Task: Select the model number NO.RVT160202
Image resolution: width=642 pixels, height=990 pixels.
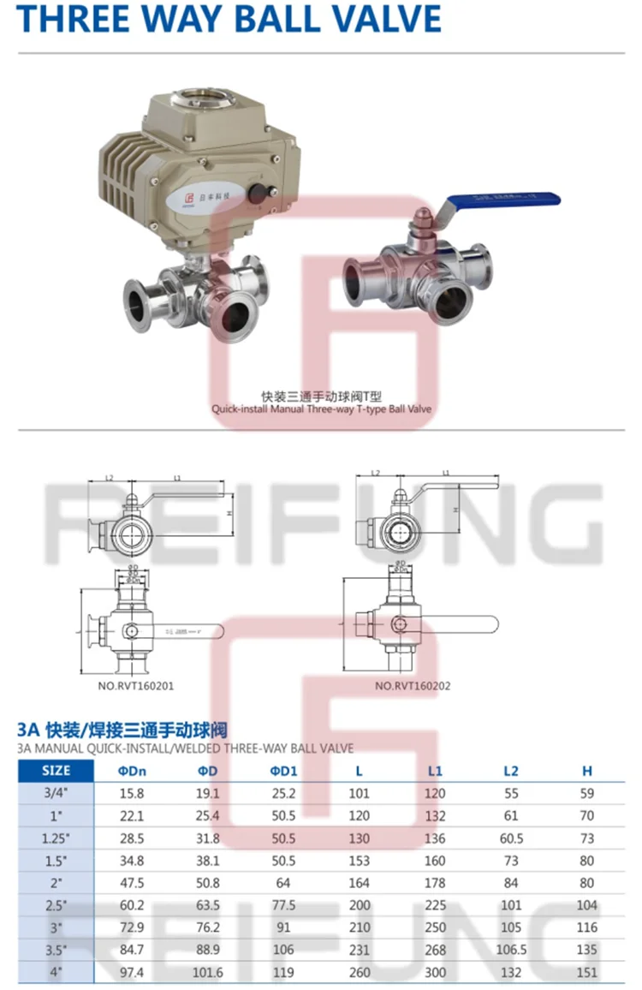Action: pos(413,685)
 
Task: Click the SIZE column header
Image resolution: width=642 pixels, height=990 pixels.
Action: pos(56,770)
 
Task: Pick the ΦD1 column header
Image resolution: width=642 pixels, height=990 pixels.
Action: pos(282,771)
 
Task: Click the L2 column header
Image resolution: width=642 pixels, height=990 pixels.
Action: pos(510,771)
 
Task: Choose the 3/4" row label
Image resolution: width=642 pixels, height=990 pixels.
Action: pos(56,793)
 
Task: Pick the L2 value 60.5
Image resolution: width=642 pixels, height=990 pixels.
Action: pos(511,838)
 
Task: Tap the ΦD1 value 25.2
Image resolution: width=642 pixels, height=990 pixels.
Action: pos(282,793)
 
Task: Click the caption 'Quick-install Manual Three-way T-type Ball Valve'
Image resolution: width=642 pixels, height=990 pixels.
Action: pos(322,409)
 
